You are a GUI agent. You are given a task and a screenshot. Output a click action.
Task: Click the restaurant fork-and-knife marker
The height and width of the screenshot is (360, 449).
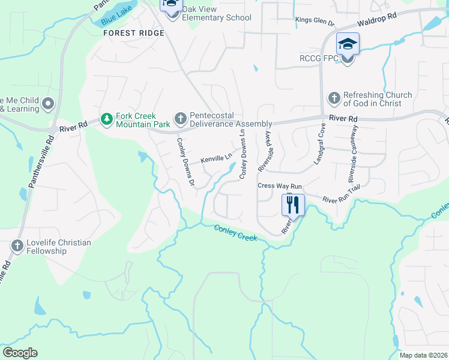[x=293, y=205]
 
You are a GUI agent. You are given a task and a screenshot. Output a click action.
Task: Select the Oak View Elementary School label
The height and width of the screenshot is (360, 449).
[x=217, y=17]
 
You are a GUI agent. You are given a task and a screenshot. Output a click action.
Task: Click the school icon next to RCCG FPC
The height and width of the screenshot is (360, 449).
[x=347, y=44]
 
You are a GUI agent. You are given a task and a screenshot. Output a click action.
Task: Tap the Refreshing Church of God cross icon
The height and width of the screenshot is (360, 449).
[x=333, y=98]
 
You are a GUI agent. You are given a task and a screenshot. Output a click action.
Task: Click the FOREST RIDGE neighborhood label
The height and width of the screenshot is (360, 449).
[x=133, y=33]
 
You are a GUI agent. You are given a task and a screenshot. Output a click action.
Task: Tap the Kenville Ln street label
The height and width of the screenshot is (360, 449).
[x=216, y=158]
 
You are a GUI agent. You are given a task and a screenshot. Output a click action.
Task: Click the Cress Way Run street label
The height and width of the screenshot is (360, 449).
[x=279, y=186]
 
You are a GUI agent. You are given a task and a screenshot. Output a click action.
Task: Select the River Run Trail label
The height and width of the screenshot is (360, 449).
[x=340, y=200]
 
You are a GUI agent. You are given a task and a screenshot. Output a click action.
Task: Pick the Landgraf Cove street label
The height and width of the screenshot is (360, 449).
[x=319, y=144]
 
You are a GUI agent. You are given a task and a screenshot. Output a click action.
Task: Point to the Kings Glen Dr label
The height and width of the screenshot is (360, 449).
[x=315, y=21]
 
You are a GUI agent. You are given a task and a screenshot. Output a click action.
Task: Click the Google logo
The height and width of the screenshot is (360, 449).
[x=20, y=353]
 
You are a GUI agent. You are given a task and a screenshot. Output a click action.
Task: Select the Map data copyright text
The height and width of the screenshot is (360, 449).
[x=423, y=355]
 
